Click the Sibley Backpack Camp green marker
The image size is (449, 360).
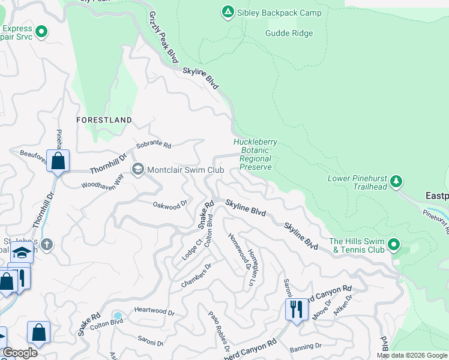tap(228, 12)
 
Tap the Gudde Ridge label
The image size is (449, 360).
tap(289, 33)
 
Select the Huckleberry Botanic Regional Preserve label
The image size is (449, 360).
tap(256, 155)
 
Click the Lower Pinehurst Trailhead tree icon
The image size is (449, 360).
tap(396, 181)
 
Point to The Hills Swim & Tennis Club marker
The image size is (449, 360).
tap(394, 244)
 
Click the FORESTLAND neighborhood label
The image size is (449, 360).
tap(104, 120)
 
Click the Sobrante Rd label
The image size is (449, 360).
tap(154, 146)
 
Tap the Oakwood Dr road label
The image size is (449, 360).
tap(166, 206)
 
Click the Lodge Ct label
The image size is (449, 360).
tap(192, 250)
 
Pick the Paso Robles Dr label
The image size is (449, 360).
tap(218, 331)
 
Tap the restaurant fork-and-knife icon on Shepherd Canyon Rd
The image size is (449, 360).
tap(296, 309)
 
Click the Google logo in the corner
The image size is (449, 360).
tap(20, 353)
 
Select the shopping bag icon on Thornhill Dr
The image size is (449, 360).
tap(58, 161)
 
